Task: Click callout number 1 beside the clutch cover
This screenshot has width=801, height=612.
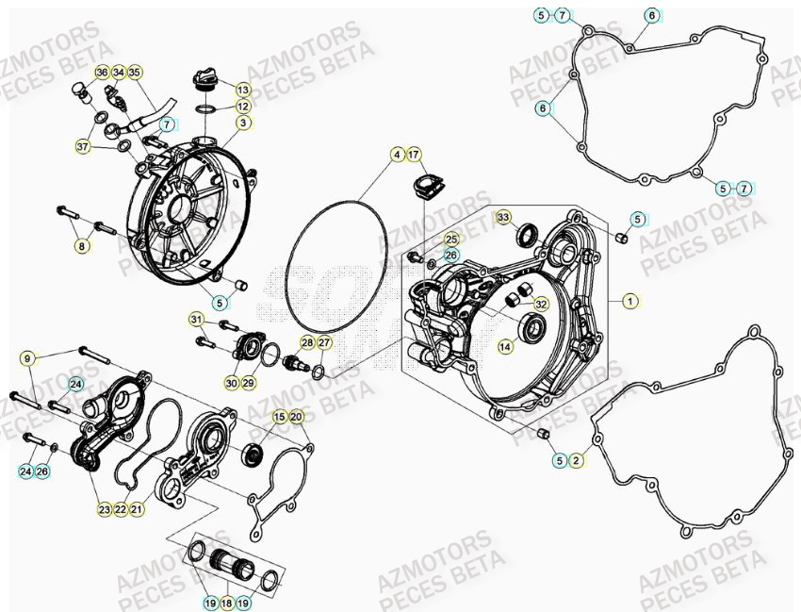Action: pos(630,301)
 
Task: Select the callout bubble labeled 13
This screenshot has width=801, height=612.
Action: pos(243,90)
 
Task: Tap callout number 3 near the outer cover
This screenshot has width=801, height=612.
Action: pos(243,123)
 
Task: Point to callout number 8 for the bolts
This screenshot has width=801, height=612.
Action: pos(82,247)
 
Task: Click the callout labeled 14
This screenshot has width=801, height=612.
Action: pos(505,346)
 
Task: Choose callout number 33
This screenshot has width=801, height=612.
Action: pos(503,218)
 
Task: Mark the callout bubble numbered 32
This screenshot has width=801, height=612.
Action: pos(540,304)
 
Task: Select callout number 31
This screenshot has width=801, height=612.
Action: pos(195,319)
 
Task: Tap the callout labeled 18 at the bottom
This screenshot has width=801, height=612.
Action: pos(225,601)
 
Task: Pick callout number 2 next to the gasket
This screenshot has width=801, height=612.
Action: pos(577,460)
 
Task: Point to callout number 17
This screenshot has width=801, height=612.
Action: pos(414,154)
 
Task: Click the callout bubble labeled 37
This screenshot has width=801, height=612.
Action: pos(83,146)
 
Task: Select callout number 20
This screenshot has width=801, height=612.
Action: pos(296,416)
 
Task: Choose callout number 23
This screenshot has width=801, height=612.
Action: pos(104,509)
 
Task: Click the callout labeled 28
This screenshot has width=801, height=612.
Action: pos(307,342)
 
